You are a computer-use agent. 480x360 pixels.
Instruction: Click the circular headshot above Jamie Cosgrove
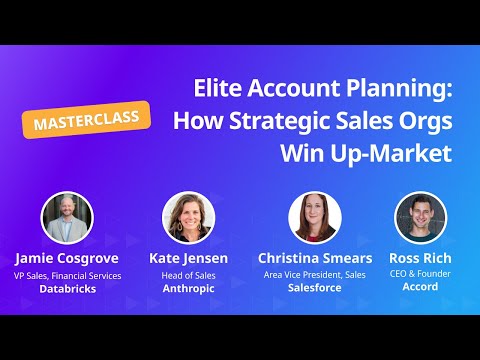pyautogui.click(x=67, y=217)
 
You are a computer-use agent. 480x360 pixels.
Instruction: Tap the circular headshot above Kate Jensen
pyautogui.click(x=188, y=217)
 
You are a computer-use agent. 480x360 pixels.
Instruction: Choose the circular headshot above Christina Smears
pyautogui.click(x=315, y=217)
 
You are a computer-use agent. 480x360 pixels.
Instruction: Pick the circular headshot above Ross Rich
pyautogui.click(x=421, y=217)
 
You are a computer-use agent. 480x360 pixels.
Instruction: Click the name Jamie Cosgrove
pyautogui.click(x=67, y=258)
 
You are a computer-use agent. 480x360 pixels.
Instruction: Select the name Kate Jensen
pyautogui.click(x=188, y=258)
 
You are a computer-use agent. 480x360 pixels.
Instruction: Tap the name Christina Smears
pyautogui.click(x=315, y=258)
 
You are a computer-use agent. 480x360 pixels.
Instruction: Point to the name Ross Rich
pyautogui.click(x=421, y=258)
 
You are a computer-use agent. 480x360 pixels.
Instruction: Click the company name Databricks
pyautogui.click(x=67, y=288)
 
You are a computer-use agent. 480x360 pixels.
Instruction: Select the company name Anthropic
pyautogui.click(x=188, y=288)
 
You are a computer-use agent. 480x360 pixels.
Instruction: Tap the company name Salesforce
pyautogui.click(x=315, y=288)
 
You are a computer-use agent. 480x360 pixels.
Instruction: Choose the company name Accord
pyautogui.click(x=421, y=288)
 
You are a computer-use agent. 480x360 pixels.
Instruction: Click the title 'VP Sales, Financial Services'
pyautogui.click(x=67, y=274)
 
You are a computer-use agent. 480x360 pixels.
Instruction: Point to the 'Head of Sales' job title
pyautogui.click(x=188, y=274)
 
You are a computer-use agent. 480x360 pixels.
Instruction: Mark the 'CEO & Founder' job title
pyautogui.click(x=421, y=274)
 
